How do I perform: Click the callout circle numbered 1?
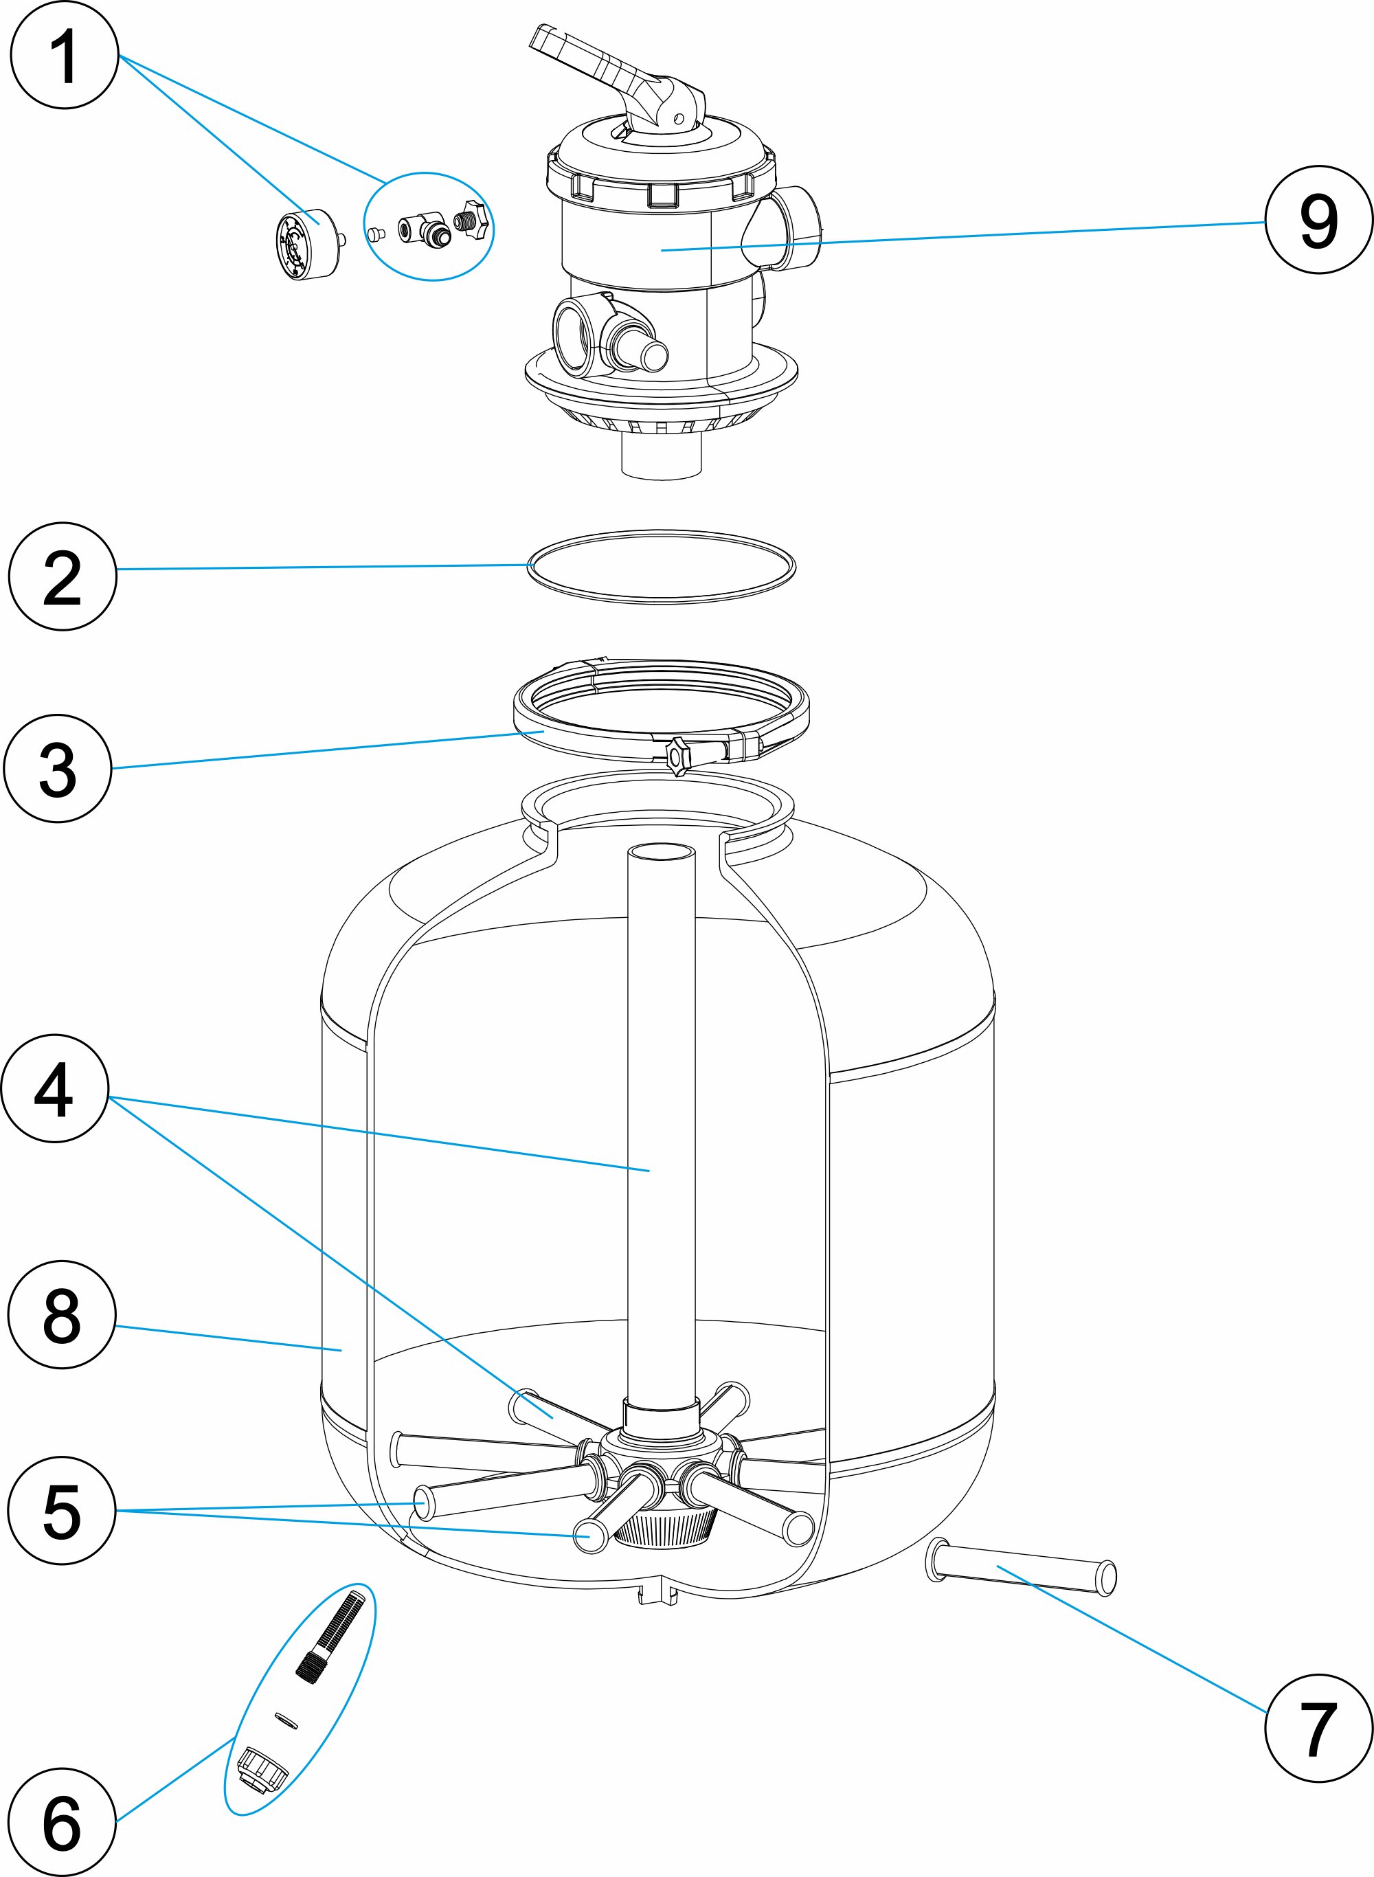click(64, 55)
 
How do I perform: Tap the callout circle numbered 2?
click(63, 576)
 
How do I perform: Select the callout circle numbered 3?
click(58, 768)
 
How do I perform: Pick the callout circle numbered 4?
click(55, 1088)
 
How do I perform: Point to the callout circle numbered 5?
click(63, 1510)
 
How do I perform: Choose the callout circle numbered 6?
click(63, 1822)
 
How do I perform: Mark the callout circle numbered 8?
click(63, 1315)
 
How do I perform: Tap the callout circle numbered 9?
click(1319, 220)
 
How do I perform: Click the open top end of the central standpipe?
click(661, 853)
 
